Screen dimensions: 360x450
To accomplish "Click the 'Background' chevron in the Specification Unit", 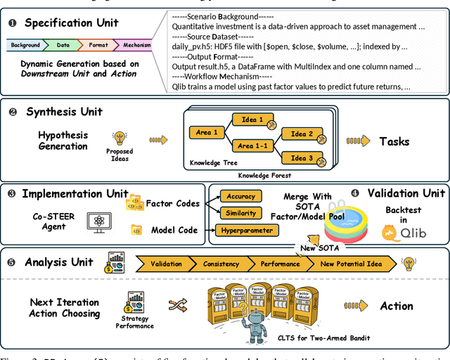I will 25,46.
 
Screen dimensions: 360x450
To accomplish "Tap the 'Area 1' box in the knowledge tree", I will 207,132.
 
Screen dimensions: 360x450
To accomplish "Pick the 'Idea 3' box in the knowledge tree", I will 302,157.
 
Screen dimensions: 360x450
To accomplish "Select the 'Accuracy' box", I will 241,196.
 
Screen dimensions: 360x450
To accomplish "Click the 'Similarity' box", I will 240,212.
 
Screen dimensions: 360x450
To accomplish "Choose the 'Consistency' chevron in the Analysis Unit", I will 221,264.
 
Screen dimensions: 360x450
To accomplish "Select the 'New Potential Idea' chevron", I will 352,264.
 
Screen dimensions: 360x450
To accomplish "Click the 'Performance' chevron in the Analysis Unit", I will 279,264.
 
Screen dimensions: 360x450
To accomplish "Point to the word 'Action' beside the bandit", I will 397,306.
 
